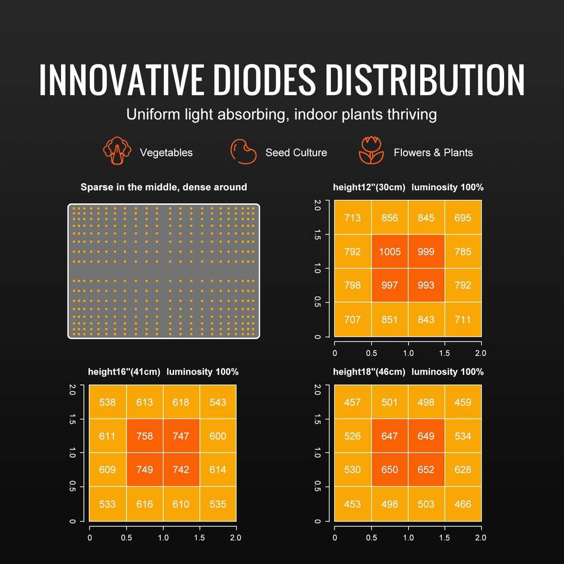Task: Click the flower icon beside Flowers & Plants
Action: (x=371, y=152)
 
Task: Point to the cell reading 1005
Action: (x=390, y=251)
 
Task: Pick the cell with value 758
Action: (x=145, y=436)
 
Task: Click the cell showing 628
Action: (x=463, y=470)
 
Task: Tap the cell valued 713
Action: (x=352, y=218)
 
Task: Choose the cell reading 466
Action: (x=463, y=504)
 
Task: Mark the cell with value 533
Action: (x=108, y=504)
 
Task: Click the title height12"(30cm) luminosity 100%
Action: (x=408, y=187)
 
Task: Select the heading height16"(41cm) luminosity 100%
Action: (x=163, y=372)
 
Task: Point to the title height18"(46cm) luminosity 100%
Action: (x=408, y=372)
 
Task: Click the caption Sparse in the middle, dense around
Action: (x=164, y=187)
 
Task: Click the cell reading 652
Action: (x=426, y=470)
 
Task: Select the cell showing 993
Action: (x=426, y=285)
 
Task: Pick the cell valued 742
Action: (x=181, y=470)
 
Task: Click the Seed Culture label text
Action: (x=296, y=153)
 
